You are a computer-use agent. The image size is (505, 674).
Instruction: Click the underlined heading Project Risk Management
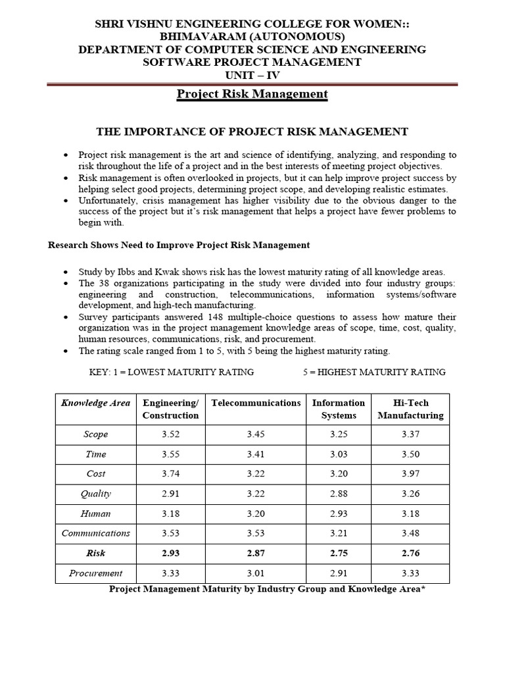coord(252,94)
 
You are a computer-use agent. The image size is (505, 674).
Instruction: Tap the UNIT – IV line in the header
coord(252,75)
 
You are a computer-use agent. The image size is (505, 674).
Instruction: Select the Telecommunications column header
coord(256,403)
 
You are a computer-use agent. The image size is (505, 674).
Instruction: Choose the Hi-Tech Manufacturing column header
coord(410,409)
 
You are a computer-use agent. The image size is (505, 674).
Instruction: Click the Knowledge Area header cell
coord(95,403)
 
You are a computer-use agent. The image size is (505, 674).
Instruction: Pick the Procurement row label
coord(95,573)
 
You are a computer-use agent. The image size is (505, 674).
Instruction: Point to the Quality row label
coord(95,494)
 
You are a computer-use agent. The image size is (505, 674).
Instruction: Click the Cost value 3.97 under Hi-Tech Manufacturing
coord(410,474)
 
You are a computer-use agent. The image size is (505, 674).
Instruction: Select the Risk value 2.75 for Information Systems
coord(339,554)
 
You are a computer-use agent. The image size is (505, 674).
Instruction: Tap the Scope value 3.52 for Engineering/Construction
coord(170,434)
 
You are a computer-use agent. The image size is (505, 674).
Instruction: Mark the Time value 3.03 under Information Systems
coord(339,454)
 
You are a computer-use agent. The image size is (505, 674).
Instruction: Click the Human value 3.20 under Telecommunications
coord(256,513)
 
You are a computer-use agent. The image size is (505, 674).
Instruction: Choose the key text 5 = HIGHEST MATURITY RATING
coord(374,372)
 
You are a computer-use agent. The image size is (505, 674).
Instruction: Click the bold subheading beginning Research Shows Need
coord(179,245)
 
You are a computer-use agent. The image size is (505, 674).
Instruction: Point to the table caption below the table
coord(267,589)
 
